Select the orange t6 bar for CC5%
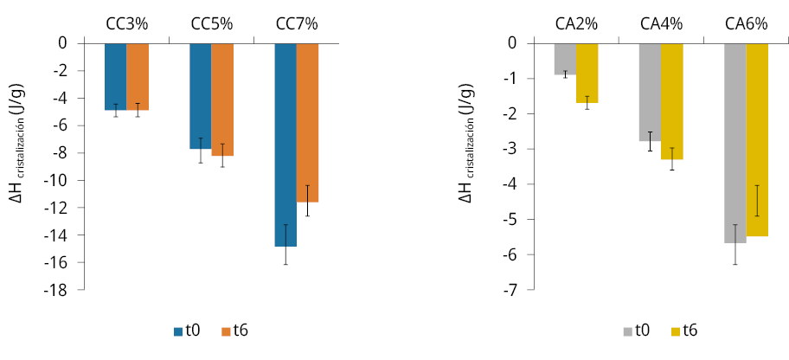pyautogui.click(x=222, y=99)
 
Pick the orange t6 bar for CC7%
pyautogui.click(x=308, y=122)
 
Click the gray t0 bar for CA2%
pyautogui.click(x=565, y=59)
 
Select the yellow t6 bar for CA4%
pyautogui.click(x=672, y=100)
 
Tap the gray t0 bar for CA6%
pyautogui.click(x=734, y=142)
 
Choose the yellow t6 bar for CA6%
pyautogui.click(x=757, y=138)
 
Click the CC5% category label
pyautogui.click(x=212, y=24)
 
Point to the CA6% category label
pyautogui.click(x=747, y=24)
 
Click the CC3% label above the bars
pyautogui.click(x=126, y=24)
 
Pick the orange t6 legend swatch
pyautogui.click(x=228, y=331)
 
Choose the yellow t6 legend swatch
pyautogui.click(x=677, y=331)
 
